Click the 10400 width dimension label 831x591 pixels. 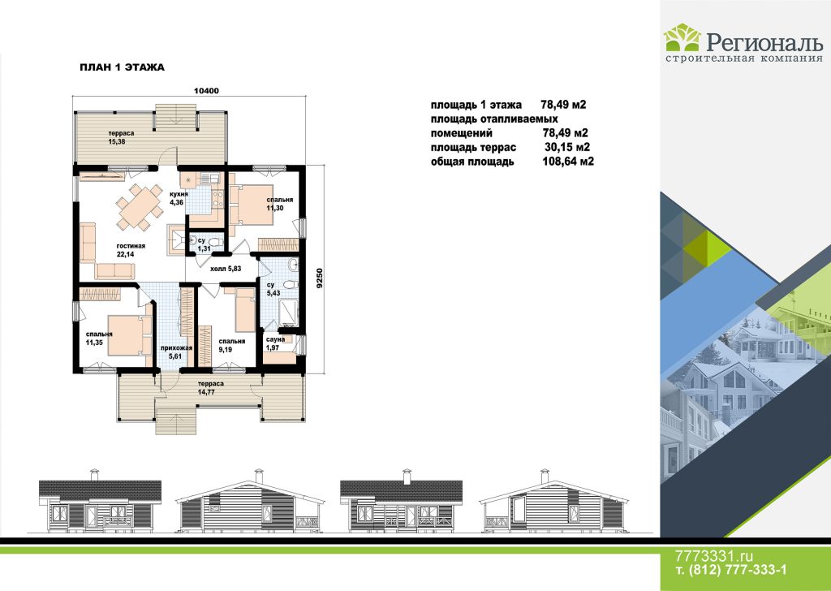coord(206,91)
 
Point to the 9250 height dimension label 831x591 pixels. coord(319,278)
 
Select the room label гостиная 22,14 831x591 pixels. coord(131,250)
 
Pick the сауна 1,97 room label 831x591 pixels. coord(275,343)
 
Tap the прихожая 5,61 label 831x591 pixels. coord(176,352)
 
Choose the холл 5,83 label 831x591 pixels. coord(226,269)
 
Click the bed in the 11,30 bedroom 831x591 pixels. coord(251,205)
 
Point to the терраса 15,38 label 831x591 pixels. coord(122,137)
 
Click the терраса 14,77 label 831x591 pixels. coord(211,387)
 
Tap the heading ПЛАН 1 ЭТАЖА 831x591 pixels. coord(122,67)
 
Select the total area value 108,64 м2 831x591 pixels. coord(568,162)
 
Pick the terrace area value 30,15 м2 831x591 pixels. coord(567,148)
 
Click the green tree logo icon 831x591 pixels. coord(682,37)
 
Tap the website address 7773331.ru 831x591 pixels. coord(713,556)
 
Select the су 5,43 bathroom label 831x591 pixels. coord(273,289)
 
